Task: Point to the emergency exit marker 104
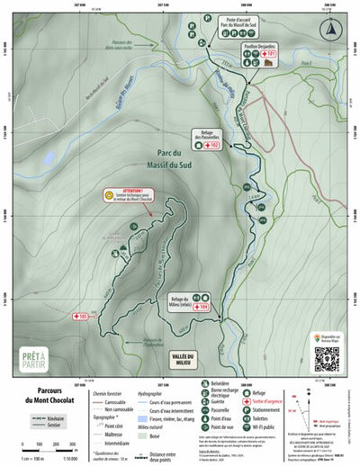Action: click(x=201, y=307)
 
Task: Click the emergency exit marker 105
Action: click(x=78, y=317)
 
